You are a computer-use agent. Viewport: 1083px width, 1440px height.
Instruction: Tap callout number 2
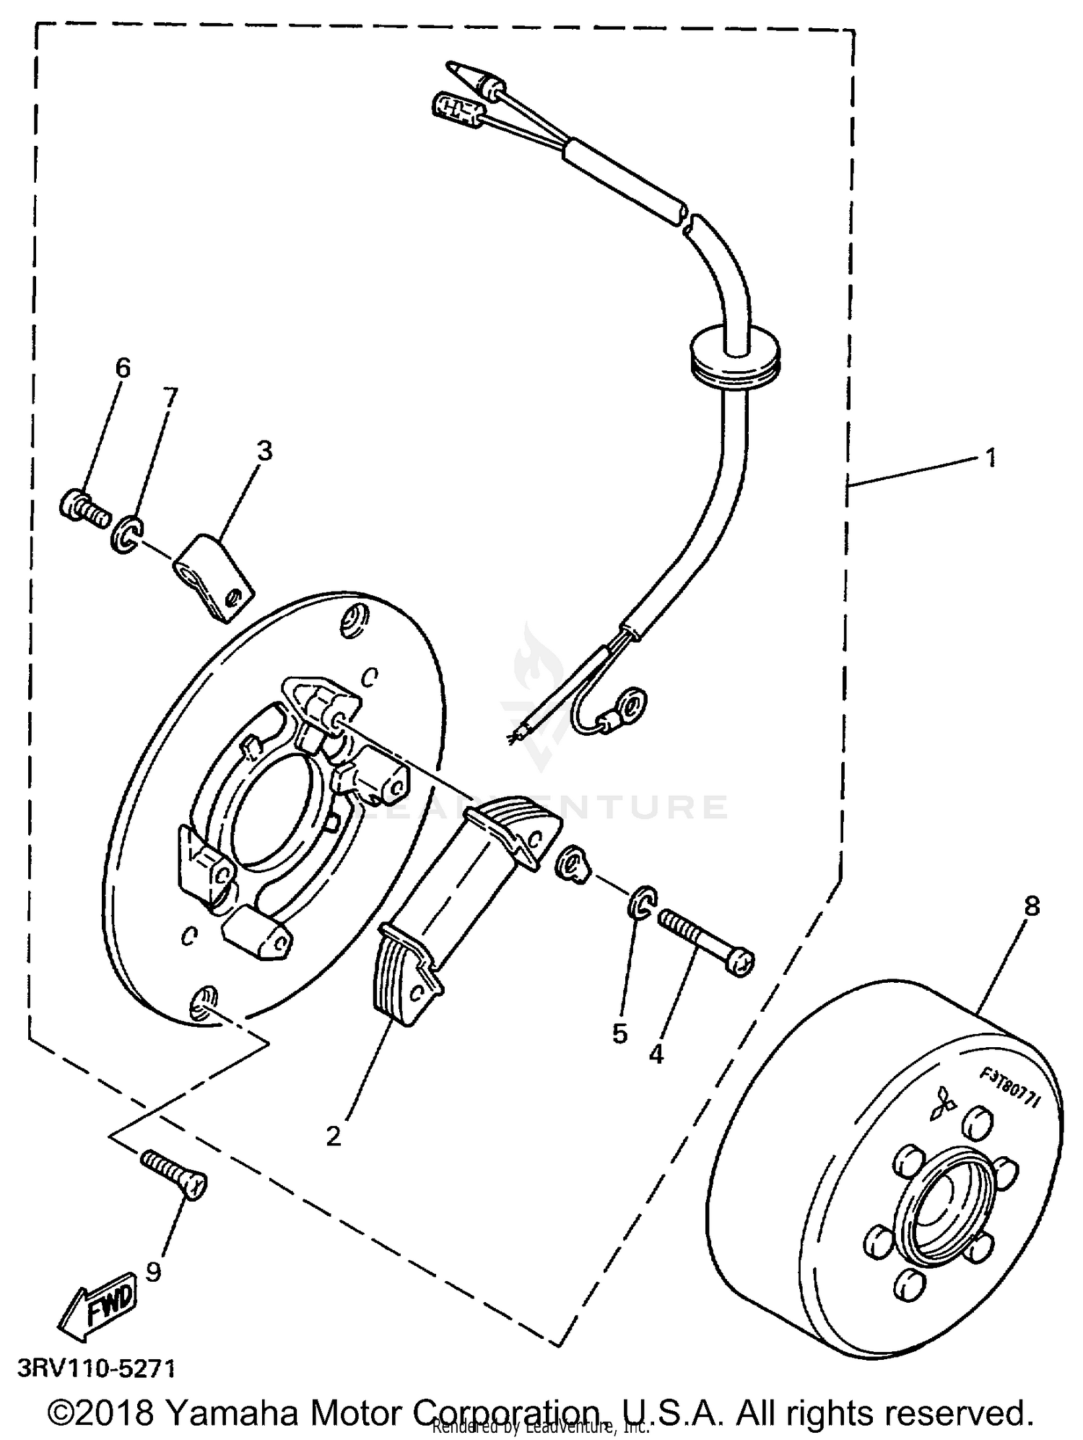point(333,1136)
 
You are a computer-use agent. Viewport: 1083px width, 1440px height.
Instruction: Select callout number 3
point(265,451)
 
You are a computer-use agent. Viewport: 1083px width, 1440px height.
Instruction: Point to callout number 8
point(1032,906)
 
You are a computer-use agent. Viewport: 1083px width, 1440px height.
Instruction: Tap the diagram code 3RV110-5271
point(96,1369)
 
